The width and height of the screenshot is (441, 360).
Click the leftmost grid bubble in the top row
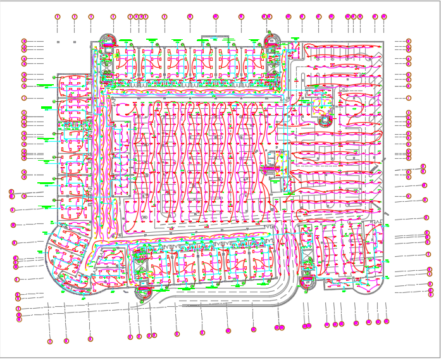[x=58, y=16]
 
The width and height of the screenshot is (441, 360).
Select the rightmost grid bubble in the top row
[x=384, y=16]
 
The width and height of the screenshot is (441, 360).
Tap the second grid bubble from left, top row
[x=75, y=16]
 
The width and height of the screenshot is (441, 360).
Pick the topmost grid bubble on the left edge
[x=24, y=41]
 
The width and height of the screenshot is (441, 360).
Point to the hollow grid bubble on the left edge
[x=24, y=98]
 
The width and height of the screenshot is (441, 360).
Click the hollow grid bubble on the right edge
[x=409, y=98]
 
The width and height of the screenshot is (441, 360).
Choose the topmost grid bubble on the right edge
[x=409, y=41]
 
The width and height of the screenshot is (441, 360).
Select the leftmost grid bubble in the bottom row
[x=50, y=342]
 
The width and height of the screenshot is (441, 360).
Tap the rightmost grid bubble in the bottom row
[x=387, y=321]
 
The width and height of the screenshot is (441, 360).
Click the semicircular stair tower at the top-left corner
[x=107, y=40]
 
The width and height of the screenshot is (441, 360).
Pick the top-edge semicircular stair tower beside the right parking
[x=272, y=40]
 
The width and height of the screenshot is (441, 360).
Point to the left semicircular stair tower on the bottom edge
[x=144, y=292]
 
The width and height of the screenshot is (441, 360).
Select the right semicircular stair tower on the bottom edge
[x=308, y=283]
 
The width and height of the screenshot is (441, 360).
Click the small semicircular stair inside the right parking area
[x=326, y=120]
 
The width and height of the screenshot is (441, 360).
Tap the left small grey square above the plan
[x=58, y=42]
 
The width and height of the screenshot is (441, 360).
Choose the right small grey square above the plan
[x=75, y=42]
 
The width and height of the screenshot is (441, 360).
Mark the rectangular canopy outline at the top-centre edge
[x=215, y=38]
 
